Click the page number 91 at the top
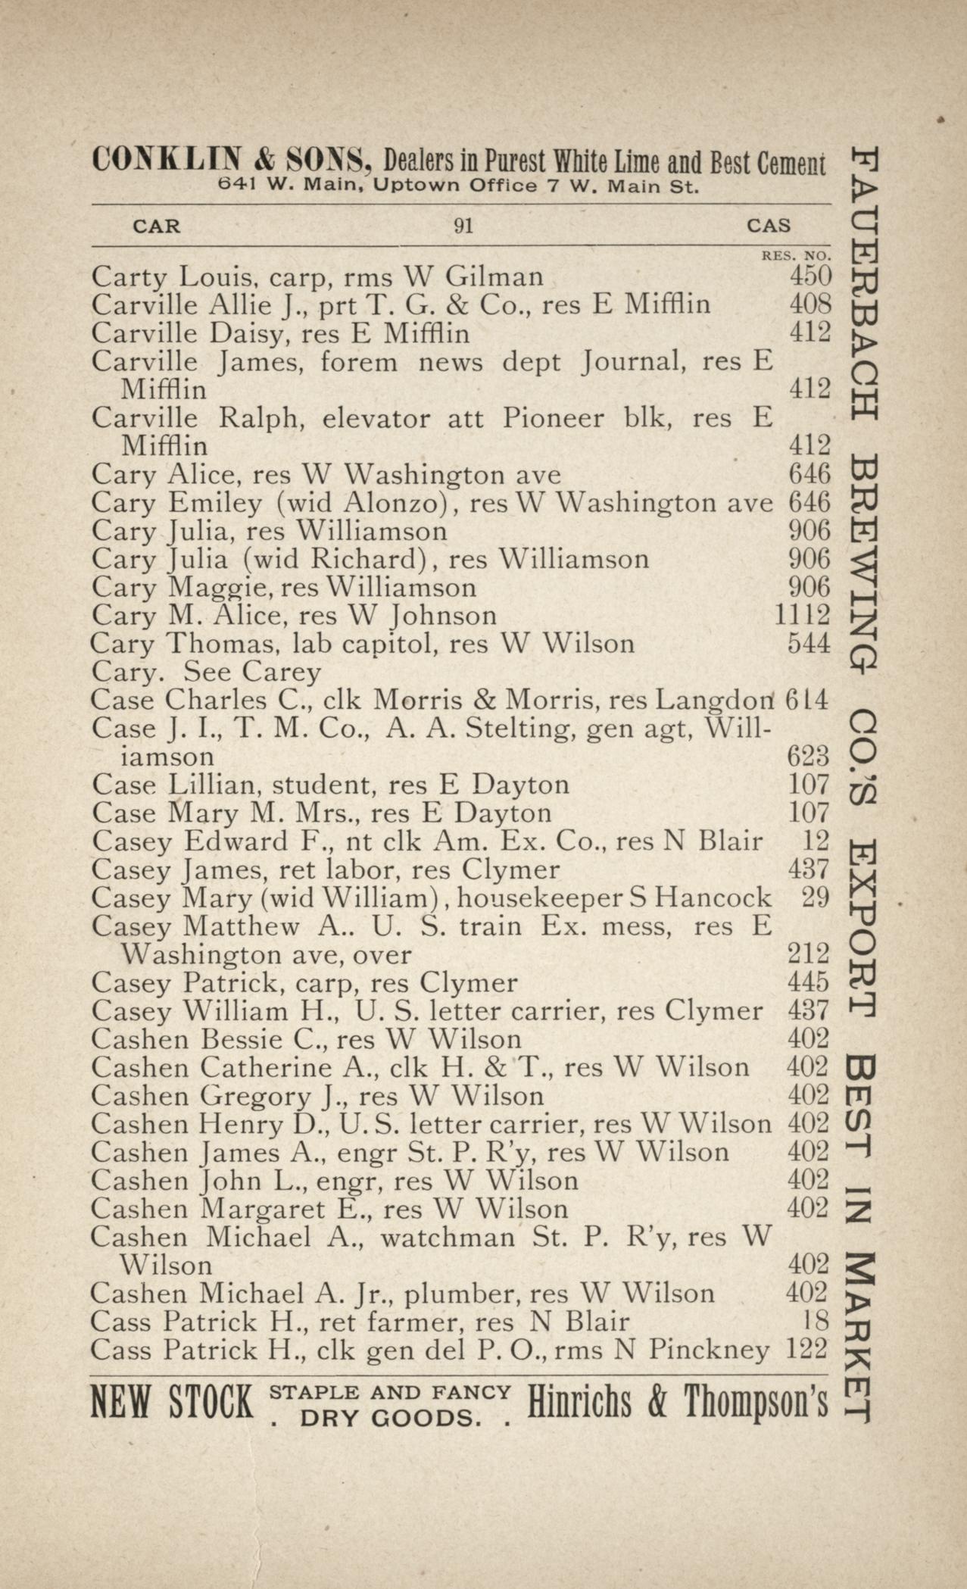[x=463, y=226]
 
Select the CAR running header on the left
[x=156, y=226]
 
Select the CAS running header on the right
[x=768, y=226]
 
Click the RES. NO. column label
[x=796, y=256]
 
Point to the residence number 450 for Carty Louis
[x=809, y=276]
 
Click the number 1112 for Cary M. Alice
[x=802, y=615]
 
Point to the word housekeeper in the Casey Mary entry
[x=539, y=898]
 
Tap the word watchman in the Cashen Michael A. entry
[x=447, y=1237]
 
